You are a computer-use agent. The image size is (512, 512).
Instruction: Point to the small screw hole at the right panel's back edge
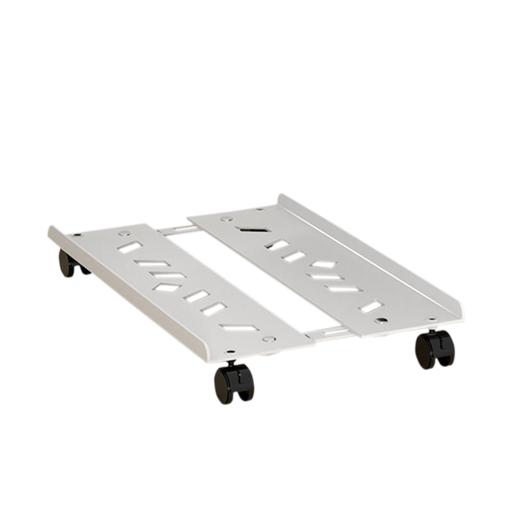(x=260, y=209)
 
